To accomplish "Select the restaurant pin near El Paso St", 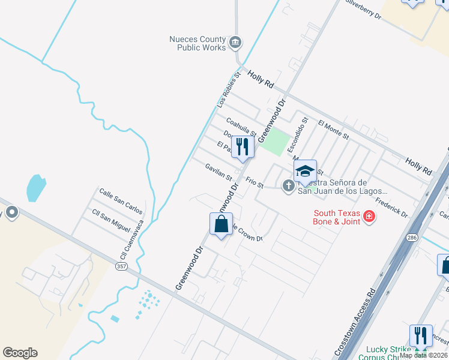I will [243, 147].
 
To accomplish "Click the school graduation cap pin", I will [305, 172].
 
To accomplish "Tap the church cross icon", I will [288, 185].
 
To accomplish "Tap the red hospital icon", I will [370, 217].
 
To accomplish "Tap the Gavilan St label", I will [218, 172].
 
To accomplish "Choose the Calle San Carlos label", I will [121, 201].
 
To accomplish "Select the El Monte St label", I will [333, 130].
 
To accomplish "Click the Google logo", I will [20, 353].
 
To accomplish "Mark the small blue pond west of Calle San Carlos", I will [35, 188].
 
